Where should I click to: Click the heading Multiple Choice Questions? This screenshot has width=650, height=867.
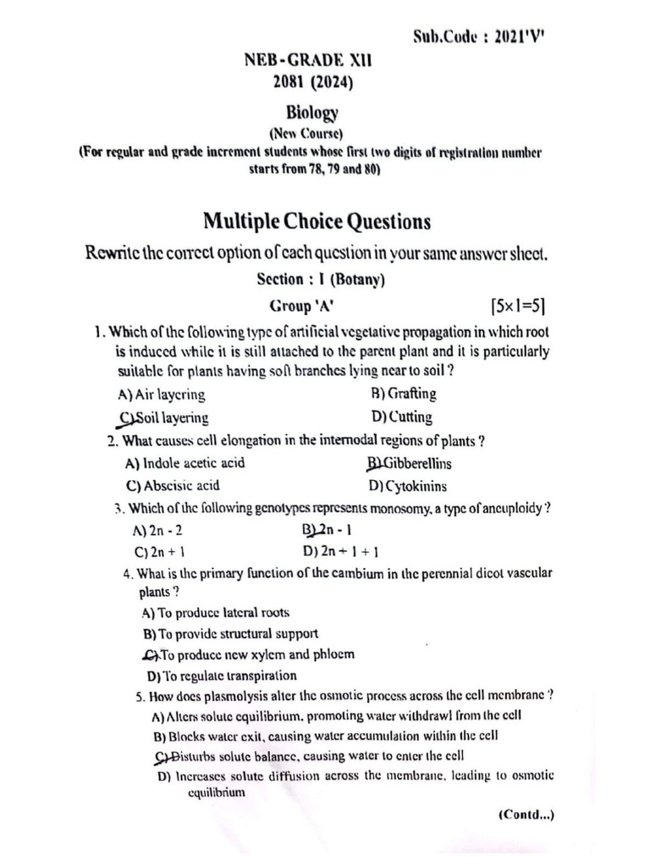point(317,222)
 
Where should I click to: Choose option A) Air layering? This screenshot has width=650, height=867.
point(162,394)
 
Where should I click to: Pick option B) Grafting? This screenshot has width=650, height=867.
point(404,393)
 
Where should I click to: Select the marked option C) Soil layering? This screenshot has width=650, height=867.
point(164,417)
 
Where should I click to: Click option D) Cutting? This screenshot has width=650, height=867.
point(401,417)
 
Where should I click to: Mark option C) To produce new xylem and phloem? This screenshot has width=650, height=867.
point(249,654)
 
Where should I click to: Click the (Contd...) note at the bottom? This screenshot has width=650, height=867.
point(526,815)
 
